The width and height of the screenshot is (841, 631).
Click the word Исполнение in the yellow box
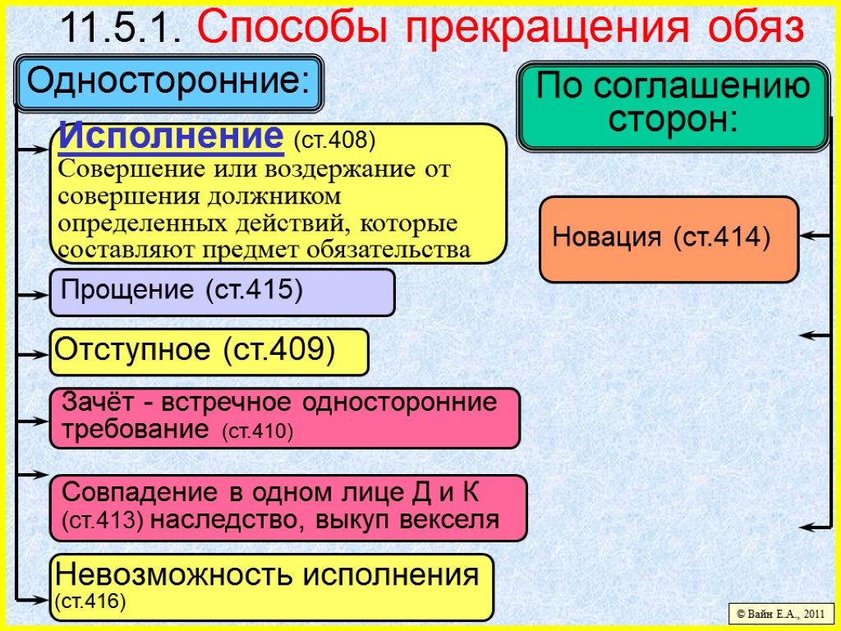pyautogui.click(x=168, y=136)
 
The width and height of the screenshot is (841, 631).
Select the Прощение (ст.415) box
pyautogui.click(x=222, y=292)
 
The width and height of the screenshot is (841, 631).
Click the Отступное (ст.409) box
pyautogui.click(x=209, y=352)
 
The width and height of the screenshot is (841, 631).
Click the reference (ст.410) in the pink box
pyautogui.click(x=258, y=431)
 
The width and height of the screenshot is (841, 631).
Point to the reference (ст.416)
pyautogui.click(x=90, y=602)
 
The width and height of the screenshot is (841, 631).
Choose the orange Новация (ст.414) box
pyautogui.click(x=669, y=238)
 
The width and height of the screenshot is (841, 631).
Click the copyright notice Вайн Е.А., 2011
pyautogui.click(x=780, y=613)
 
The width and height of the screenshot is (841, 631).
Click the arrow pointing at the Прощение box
pyautogui.click(x=33, y=293)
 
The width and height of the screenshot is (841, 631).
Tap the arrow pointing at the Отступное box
pyautogui.click(x=33, y=354)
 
